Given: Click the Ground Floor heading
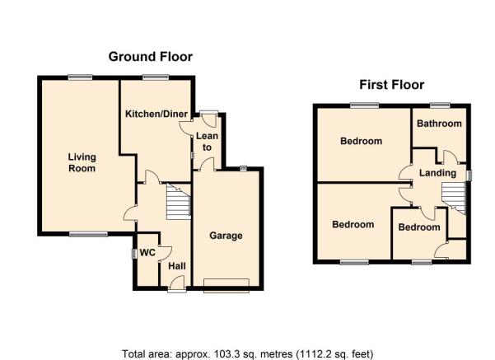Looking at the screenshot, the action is (x=150, y=57).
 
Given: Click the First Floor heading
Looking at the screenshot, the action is (x=391, y=85).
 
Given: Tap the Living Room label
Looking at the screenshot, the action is (x=82, y=162).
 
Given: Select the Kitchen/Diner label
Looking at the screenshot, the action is (x=156, y=114).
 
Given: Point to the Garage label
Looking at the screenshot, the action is (x=226, y=236).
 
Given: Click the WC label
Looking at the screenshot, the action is (x=147, y=252).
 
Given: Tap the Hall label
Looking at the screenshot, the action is (x=177, y=266).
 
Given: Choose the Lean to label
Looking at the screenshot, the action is (x=207, y=142).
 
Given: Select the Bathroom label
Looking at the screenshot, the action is (x=439, y=124).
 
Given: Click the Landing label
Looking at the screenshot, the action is (x=437, y=173).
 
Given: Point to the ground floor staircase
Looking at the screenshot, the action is (x=179, y=201).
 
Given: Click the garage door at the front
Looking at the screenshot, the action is (x=226, y=286).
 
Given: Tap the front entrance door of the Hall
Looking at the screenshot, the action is (x=177, y=283).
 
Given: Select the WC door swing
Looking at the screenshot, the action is (x=165, y=253).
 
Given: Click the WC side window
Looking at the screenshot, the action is (x=133, y=254).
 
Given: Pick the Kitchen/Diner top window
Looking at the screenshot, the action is (x=156, y=77).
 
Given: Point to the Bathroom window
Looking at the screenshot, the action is (x=440, y=105).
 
